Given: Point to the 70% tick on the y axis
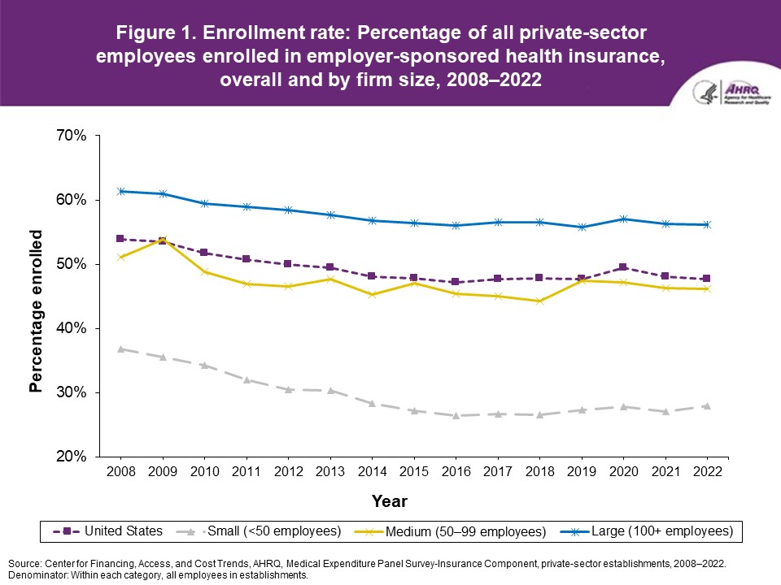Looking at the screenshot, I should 70,136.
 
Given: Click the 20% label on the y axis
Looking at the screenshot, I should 70,457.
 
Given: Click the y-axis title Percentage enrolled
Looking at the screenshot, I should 36,311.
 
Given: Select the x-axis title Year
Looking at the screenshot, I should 390,500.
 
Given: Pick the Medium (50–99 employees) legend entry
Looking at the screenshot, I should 456,531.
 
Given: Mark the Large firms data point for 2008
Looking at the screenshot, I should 120,191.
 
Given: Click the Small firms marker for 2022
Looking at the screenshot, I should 706,405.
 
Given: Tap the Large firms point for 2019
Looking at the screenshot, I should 581,227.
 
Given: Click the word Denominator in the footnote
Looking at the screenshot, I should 35,575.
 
